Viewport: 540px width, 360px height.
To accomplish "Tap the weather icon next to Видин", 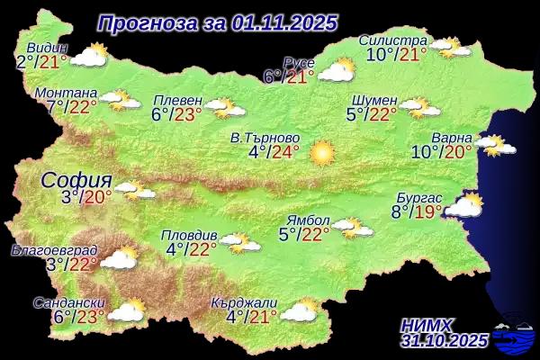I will coord(88,57).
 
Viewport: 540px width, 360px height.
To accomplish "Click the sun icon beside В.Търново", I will coord(321,153).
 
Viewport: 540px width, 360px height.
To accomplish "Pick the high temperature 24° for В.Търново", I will coord(286,151).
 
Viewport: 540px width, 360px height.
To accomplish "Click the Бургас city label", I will coord(419,197).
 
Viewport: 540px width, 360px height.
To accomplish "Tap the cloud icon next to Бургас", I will coord(464,206).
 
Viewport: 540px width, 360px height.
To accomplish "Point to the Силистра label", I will coord(391,40).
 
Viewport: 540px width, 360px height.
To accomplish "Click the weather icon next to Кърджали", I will coord(299,311).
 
